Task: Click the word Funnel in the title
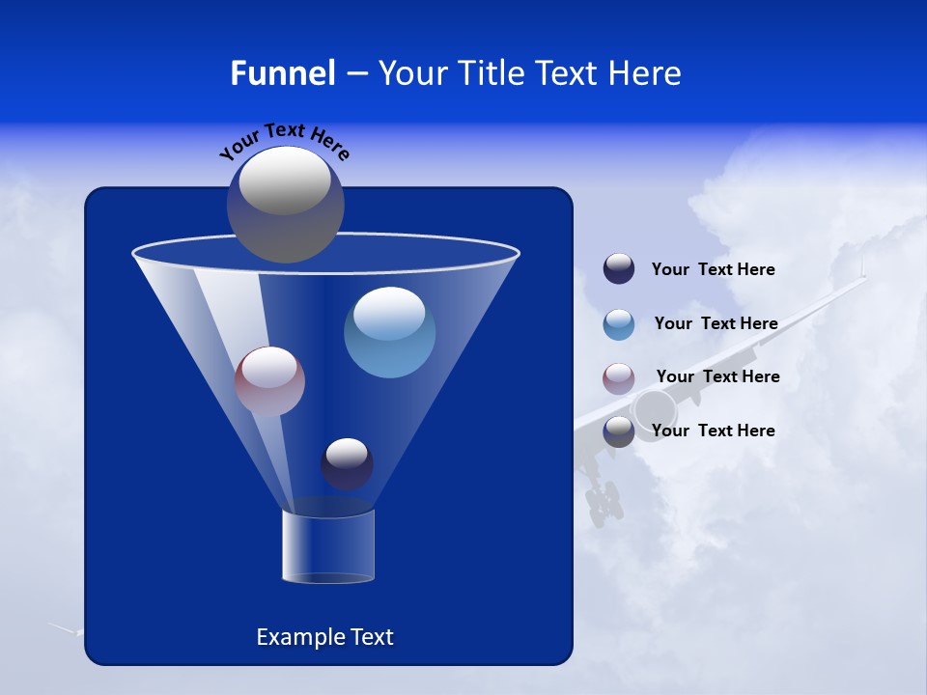282,73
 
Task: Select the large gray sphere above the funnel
286,204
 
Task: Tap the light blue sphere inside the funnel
389,332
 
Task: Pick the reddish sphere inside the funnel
269,381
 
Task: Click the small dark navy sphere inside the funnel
347,463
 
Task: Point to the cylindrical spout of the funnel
328,546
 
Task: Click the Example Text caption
324,637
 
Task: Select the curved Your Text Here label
284,140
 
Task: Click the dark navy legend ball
619,269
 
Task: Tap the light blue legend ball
619,324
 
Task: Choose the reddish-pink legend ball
619,378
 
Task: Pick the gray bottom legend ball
619,431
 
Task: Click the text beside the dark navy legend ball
713,270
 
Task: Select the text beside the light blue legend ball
716,324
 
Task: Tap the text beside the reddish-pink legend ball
717,377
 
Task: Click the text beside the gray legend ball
713,431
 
